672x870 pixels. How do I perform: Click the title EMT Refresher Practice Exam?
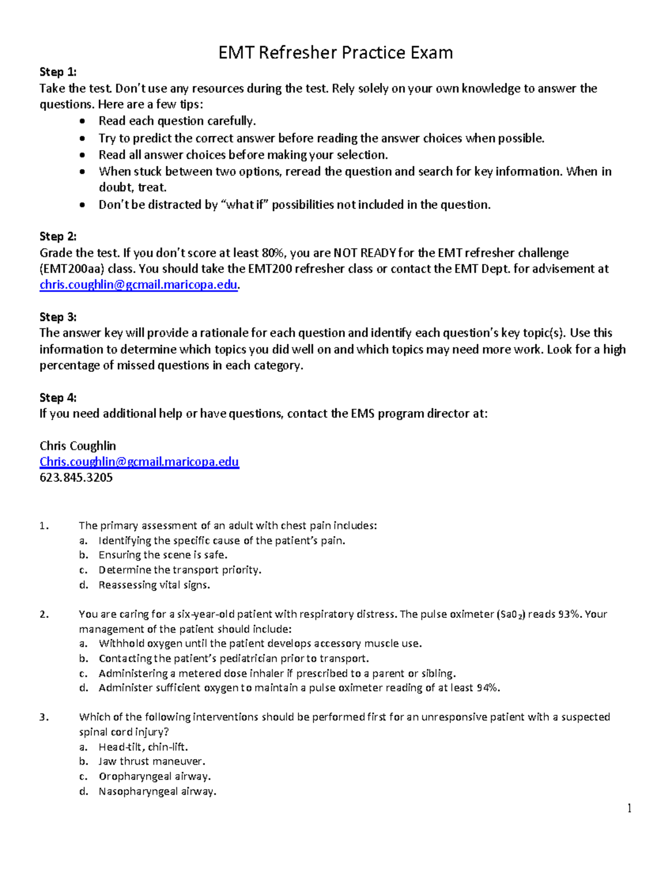pos(335,53)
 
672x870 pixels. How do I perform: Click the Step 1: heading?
pos(58,72)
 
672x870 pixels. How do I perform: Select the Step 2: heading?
pos(58,236)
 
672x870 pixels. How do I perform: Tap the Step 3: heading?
pos(58,317)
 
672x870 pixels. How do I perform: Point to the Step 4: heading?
pos(58,398)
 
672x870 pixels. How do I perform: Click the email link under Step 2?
pos(139,285)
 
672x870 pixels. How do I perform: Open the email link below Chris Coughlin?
pos(139,462)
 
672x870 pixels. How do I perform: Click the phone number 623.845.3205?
pos(76,478)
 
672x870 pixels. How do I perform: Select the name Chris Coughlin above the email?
pos(78,446)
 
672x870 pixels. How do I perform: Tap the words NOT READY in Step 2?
pos(365,253)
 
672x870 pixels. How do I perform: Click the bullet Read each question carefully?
pos(177,121)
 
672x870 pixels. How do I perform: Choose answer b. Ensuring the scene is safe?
pos(162,555)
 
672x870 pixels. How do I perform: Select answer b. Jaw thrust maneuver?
pos(152,762)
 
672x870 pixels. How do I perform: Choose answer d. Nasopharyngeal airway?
pos(157,792)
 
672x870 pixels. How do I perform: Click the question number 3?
pos(44,717)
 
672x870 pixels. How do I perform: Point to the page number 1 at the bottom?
pos(629,808)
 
